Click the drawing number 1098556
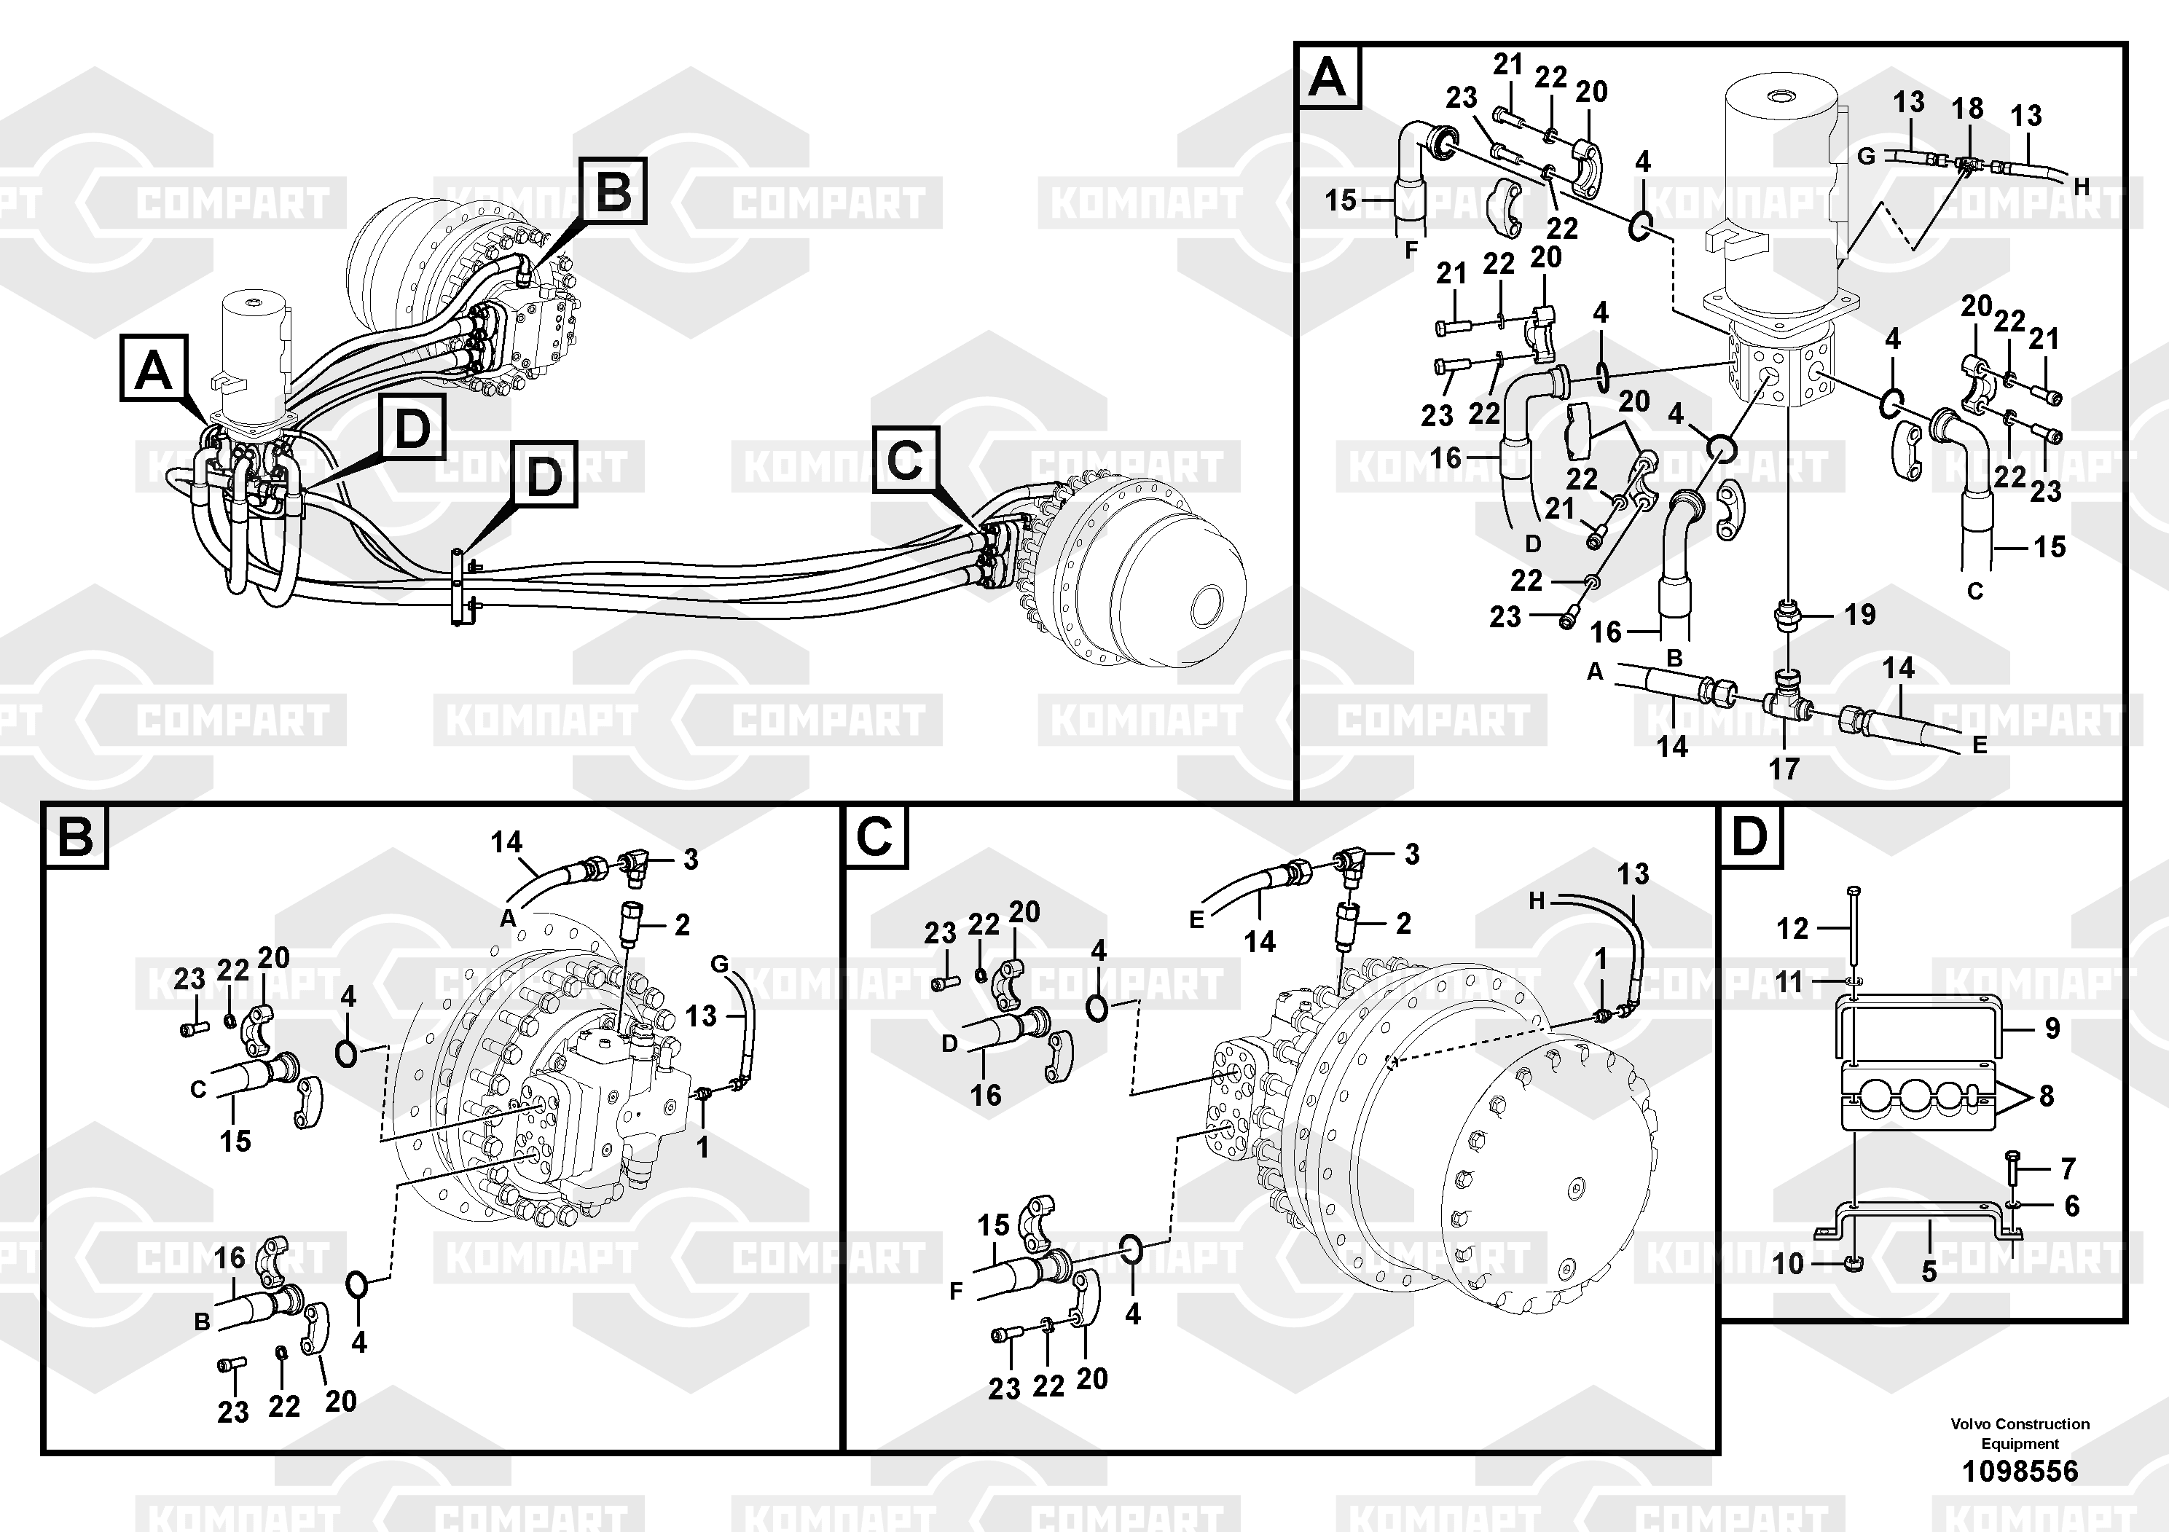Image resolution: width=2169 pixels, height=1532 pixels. point(2020,1471)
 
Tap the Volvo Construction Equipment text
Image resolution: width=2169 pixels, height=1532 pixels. point(2020,1433)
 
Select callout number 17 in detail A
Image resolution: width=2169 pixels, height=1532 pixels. point(1784,769)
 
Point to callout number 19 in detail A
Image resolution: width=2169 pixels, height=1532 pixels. point(1859,615)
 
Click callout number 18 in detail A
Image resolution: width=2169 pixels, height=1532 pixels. point(1968,109)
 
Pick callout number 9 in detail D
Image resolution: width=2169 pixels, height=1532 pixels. point(2052,1028)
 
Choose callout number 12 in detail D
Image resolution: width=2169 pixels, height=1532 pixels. point(1792,929)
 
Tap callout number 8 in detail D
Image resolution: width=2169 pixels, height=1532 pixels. point(2046,1096)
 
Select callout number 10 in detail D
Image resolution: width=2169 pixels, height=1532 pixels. point(1788,1262)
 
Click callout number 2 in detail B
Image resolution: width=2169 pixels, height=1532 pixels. point(682,924)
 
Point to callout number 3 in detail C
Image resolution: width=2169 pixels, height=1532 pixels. point(1411,854)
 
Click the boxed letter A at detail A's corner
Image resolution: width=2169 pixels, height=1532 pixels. point(1328,77)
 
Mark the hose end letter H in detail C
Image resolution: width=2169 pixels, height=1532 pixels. point(1536,902)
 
